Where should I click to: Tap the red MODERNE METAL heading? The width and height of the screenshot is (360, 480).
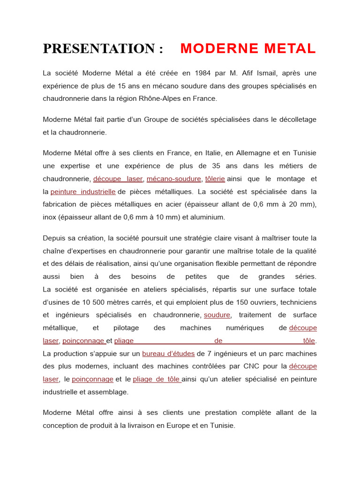[248, 48]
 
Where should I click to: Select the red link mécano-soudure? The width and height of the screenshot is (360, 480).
[174, 179]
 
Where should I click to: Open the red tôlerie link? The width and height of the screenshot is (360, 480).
[215, 179]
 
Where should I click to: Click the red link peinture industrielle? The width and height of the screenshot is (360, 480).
[83, 191]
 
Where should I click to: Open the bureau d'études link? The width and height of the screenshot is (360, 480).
[168, 353]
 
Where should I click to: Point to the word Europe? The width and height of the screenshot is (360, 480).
[190, 426]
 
